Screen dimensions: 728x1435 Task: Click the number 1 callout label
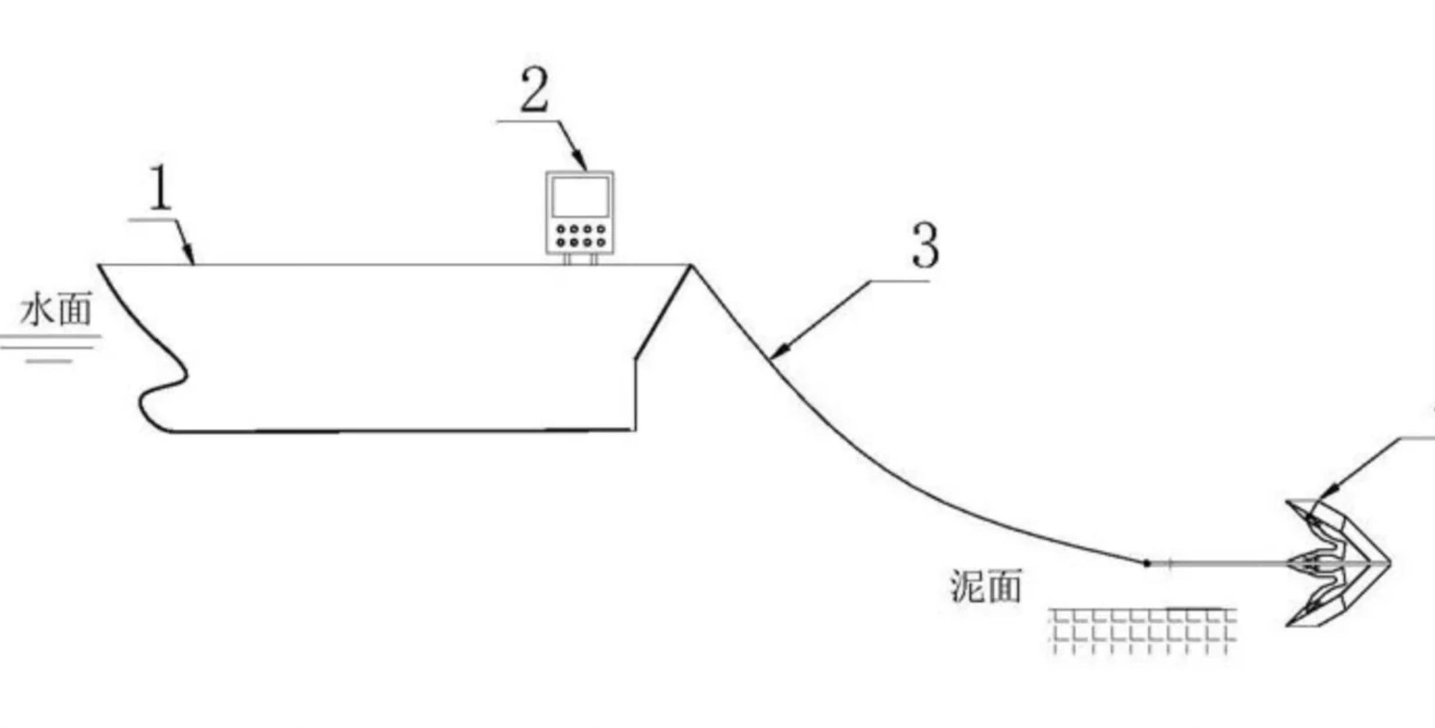pyautogui.click(x=161, y=188)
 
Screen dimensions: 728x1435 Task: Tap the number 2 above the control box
pyautogui.click(x=534, y=90)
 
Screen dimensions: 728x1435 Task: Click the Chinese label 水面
pyautogui.click(x=56, y=309)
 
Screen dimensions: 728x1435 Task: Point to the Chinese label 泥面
pyautogui.click(x=986, y=586)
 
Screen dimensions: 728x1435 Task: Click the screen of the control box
pyautogui.click(x=580, y=197)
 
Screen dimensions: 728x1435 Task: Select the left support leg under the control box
pyautogui.click(x=566, y=259)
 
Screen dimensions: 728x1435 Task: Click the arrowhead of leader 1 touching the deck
pyautogui.click(x=190, y=260)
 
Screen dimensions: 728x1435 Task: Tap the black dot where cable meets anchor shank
pyautogui.click(x=1147, y=563)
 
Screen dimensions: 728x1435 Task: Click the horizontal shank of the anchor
pyautogui.click(x=1223, y=563)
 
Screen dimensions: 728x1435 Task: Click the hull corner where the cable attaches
pyautogui.click(x=691, y=266)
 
